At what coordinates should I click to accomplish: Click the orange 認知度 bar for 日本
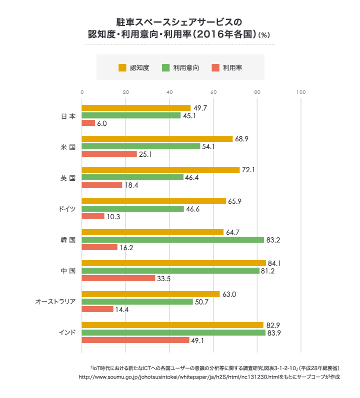136,108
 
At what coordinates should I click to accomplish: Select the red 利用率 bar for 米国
109,154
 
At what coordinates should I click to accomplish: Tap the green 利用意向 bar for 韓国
172,240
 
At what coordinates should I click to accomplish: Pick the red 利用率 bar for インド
135,340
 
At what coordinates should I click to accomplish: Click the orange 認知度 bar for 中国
173,263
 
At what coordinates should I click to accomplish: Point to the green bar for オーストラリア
137,302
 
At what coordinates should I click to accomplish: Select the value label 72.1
248,170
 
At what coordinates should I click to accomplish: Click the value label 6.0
102,123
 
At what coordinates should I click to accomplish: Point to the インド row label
67,333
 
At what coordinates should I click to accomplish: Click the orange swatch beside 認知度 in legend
122,67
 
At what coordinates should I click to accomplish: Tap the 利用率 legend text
232,67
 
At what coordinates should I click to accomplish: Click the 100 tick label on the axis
300,92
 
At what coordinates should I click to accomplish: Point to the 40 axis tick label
169,92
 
